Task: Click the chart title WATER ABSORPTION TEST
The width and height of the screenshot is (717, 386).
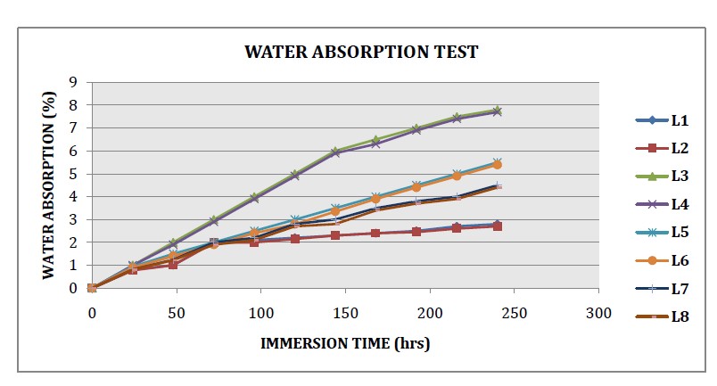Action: [x=361, y=52]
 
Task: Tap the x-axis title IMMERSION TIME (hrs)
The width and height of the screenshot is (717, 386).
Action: [x=345, y=343]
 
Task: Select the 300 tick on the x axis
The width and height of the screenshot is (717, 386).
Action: [x=599, y=312]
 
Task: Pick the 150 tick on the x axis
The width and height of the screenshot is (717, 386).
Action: [x=345, y=312]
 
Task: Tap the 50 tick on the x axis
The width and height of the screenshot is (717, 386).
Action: [x=176, y=312]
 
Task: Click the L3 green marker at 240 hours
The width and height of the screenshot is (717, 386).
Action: [x=498, y=110]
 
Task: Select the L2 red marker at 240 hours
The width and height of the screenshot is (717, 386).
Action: [x=498, y=226]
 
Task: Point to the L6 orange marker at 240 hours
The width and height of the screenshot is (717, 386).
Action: [x=498, y=165]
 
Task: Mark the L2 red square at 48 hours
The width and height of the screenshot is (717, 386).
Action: [x=173, y=265]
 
